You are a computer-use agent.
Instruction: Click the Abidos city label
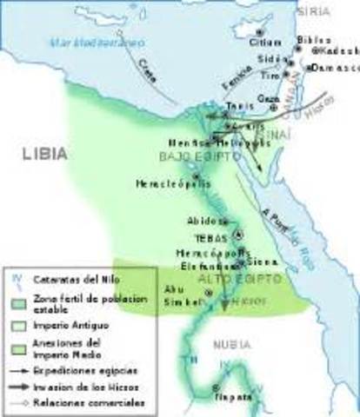[203, 221]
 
